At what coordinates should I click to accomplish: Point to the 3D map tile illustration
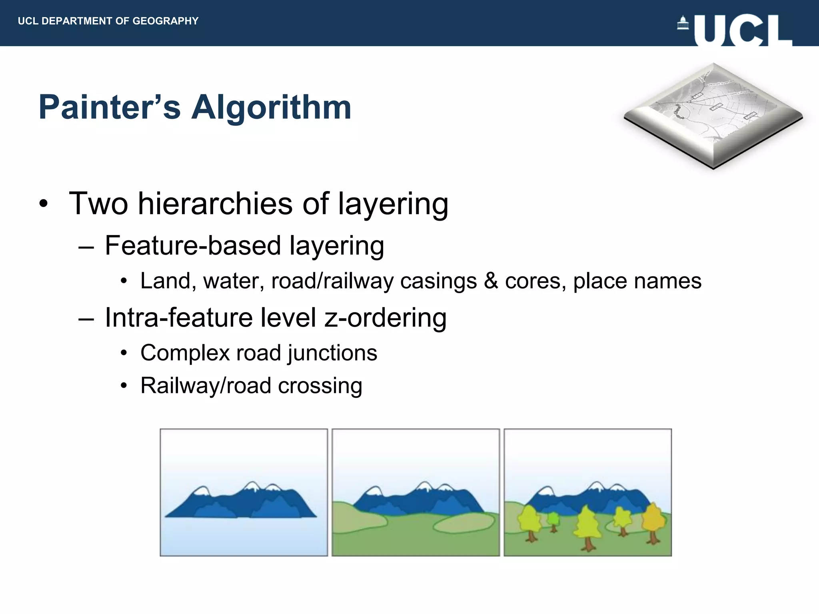point(713,116)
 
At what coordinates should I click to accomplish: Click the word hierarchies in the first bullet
point(216,204)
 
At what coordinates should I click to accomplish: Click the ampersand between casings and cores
point(491,281)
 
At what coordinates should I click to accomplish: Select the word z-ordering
point(386,317)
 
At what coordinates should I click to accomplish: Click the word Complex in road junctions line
point(185,353)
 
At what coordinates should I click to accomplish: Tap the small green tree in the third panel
point(553,521)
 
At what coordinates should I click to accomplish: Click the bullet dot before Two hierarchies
point(44,204)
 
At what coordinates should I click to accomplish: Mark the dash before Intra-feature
point(86,319)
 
